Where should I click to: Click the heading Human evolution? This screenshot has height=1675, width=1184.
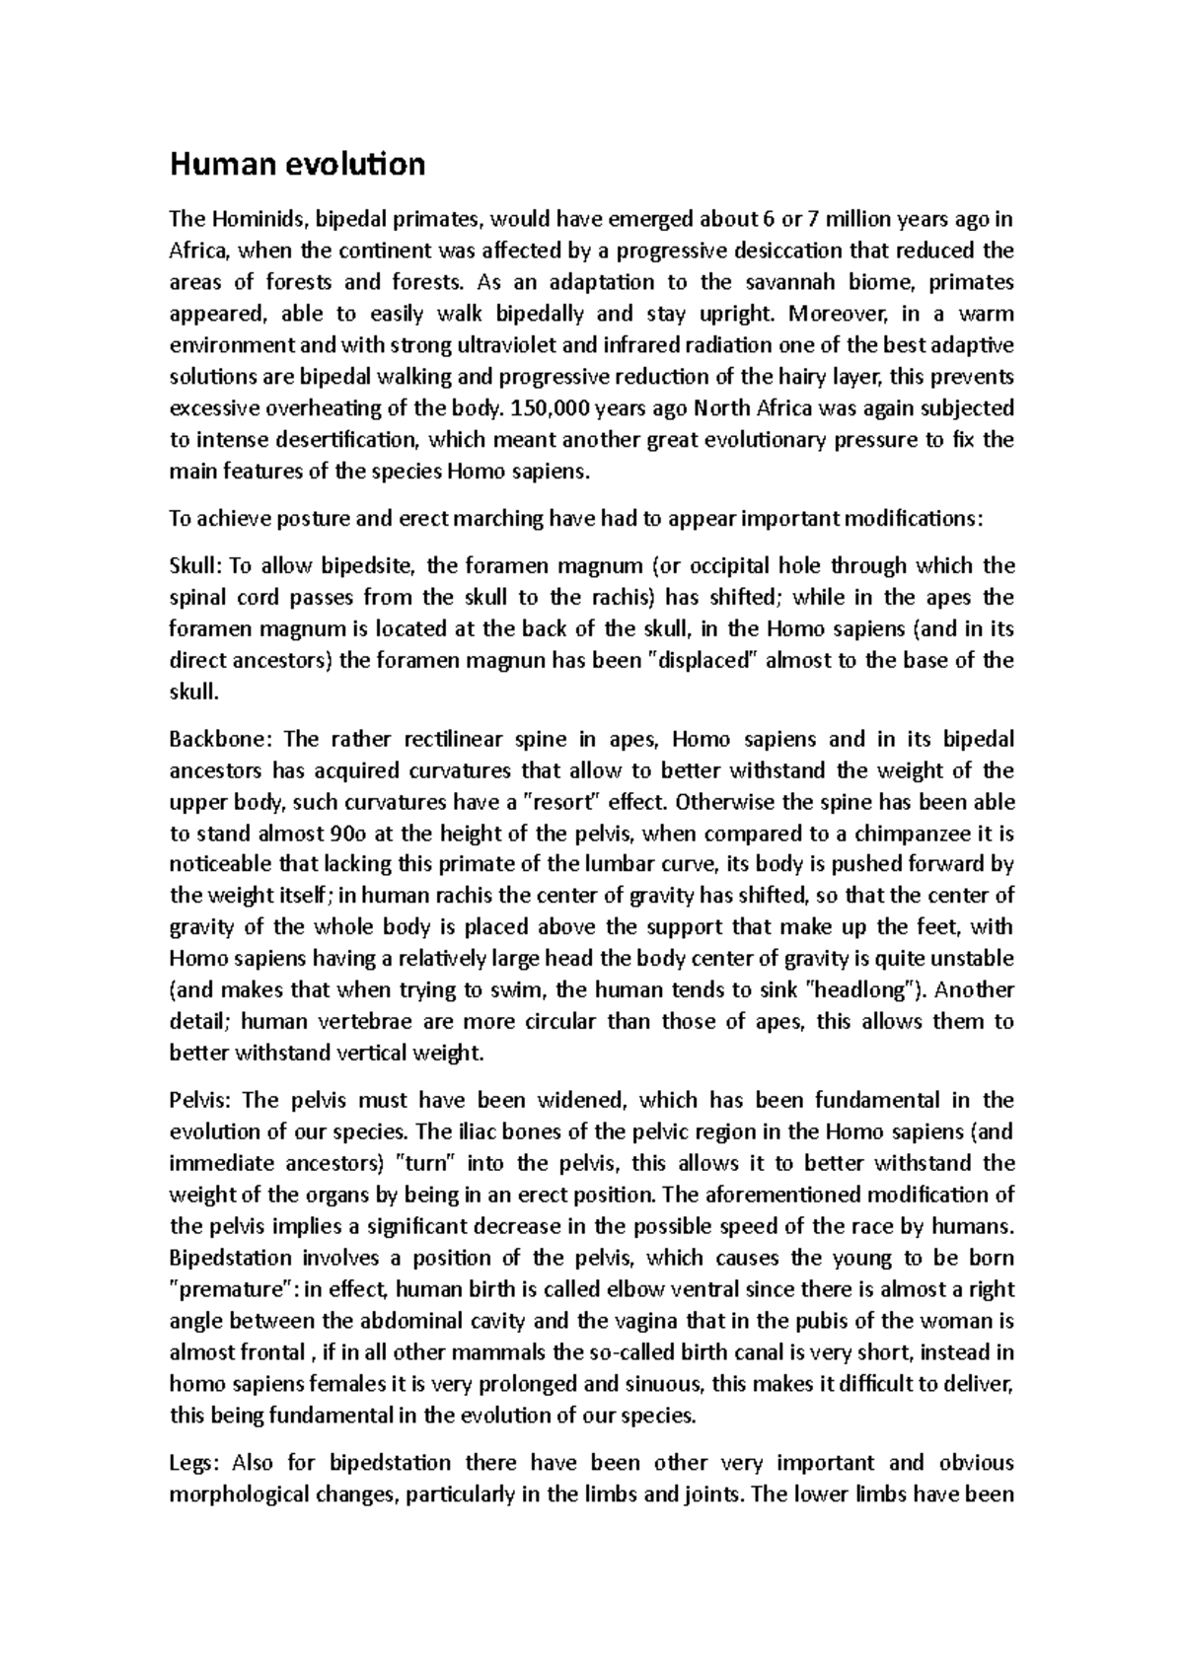(297, 164)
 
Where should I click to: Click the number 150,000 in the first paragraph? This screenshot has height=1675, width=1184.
(559, 408)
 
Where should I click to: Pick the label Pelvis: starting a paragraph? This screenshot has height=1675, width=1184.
(201, 1100)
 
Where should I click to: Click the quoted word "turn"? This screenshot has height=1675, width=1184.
(428, 1163)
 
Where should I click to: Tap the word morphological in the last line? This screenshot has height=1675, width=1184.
(239, 1493)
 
